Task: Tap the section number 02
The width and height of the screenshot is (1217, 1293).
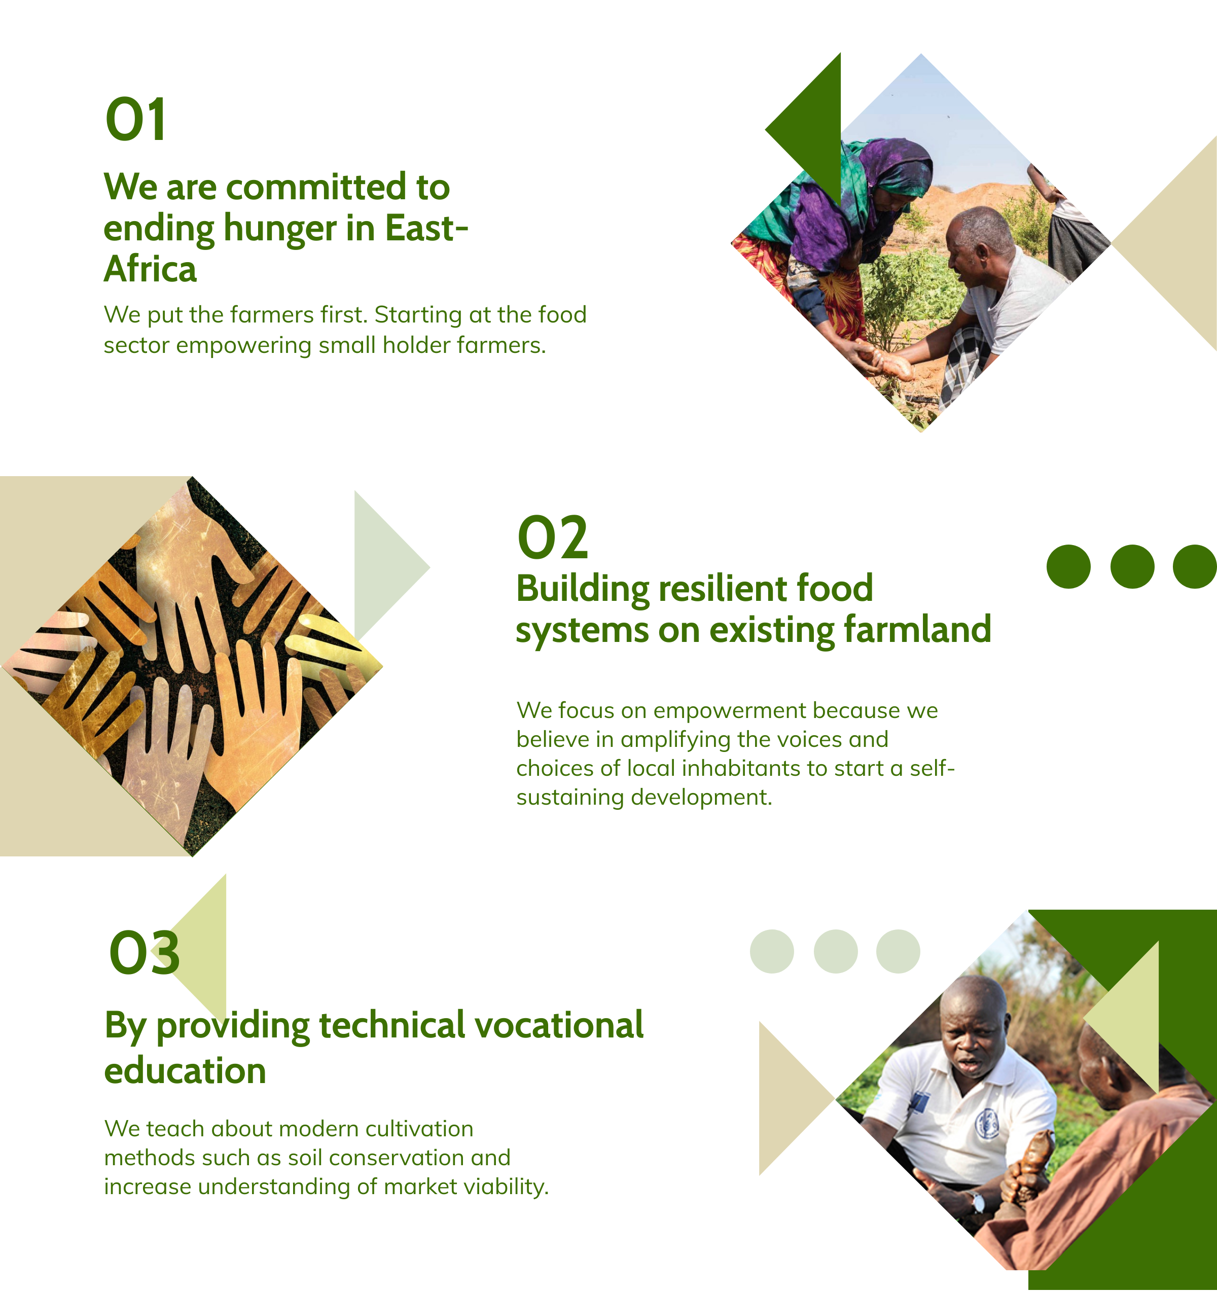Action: (552, 537)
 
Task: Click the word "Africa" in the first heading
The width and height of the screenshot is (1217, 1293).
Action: (150, 269)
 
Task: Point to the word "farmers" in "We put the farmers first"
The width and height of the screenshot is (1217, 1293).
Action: (272, 315)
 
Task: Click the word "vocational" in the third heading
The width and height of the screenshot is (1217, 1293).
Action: (559, 1025)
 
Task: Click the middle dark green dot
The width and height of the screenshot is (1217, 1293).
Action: (1132, 566)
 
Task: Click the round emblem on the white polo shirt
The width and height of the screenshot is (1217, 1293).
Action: (987, 1123)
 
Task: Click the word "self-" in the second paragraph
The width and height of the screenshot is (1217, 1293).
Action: (932, 769)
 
